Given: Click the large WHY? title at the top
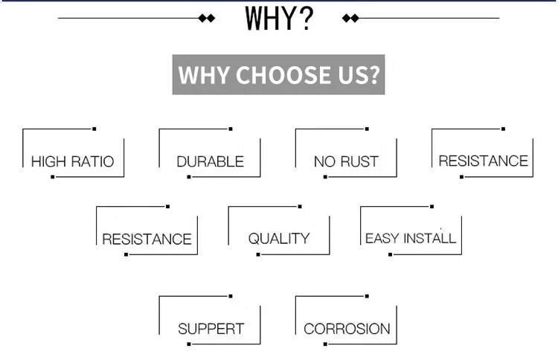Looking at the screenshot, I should coord(279,18).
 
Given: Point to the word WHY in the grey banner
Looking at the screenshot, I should coord(205,75).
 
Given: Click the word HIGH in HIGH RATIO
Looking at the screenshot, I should coord(49,161).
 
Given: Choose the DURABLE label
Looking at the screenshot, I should coord(210,161).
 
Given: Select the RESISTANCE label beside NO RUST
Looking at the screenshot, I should coord(483,161).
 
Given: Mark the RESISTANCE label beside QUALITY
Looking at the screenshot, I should coord(147,240).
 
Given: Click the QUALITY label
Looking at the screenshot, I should coord(278,239).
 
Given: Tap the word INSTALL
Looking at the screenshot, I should coord(429,239).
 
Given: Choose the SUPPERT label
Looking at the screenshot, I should coord(211,329).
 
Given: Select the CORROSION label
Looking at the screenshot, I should coord(347,329).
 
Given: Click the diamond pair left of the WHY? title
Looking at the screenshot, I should coord(208,18).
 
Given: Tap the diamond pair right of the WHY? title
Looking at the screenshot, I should coord(350,18).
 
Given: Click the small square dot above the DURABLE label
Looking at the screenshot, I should coord(231,129).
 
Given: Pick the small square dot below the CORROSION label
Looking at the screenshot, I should coord(325,344).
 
